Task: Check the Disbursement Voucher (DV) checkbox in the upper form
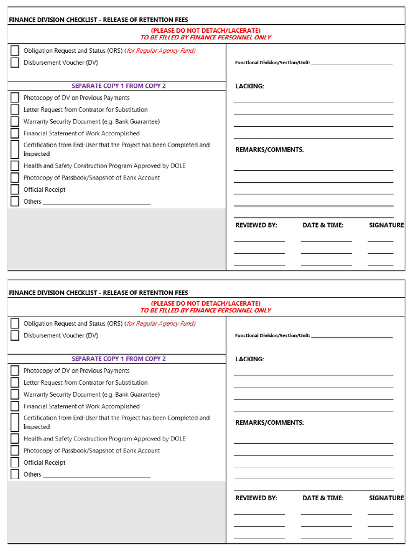point(15,63)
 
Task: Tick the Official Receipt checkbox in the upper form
point(15,190)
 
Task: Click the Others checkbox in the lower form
point(15,474)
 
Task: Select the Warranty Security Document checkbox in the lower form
point(15,395)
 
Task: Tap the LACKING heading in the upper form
point(250,86)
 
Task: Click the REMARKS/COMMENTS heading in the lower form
point(270,423)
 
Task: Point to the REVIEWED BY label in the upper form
point(256,225)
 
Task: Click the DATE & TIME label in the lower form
point(323,498)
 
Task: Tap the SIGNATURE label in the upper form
point(386,225)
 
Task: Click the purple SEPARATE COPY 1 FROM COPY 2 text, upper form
point(119,86)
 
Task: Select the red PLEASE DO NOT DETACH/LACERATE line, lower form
point(205,303)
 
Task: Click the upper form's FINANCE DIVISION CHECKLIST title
point(98,20)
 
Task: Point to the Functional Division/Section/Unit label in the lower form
point(272,336)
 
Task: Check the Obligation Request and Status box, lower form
point(15,323)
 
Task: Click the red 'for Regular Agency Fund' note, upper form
point(160,51)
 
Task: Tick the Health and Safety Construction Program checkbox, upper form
point(15,166)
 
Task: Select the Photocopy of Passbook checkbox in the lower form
point(15,451)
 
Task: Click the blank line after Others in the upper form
point(96,203)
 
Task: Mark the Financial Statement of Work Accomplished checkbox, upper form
point(15,134)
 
